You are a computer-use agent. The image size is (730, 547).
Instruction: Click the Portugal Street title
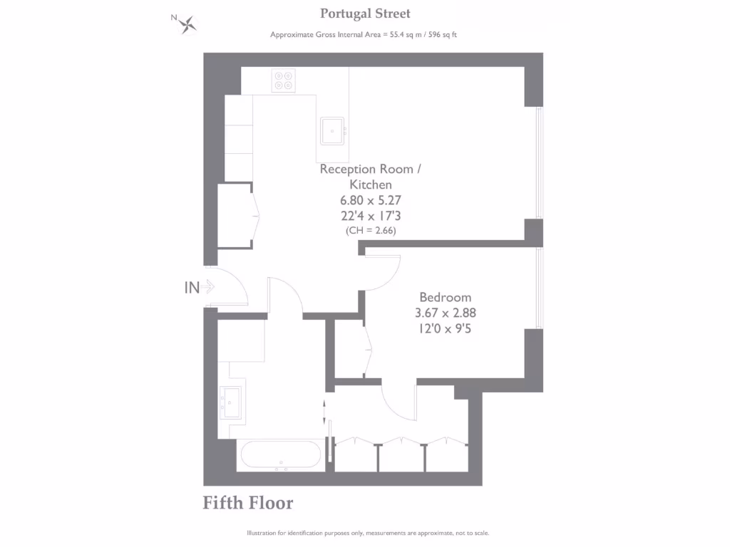[x=365, y=14]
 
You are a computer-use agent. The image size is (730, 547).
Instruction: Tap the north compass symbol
[x=187, y=24]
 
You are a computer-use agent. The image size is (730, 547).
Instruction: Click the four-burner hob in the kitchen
[x=283, y=80]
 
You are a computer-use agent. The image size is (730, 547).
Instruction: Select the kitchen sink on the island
[x=332, y=130]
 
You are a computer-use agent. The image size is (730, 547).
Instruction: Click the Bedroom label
[x=445, y=298]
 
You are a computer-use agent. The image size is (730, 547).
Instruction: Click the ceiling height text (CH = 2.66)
[x=370, y=230]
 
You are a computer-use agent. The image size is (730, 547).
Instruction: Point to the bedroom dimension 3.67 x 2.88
[x=445, y=313]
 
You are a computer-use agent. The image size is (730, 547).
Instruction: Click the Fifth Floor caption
[x=248, y=503]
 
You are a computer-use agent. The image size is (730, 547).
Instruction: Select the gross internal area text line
[x=368, y=35]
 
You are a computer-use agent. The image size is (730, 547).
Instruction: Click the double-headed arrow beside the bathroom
[x=325, y=411]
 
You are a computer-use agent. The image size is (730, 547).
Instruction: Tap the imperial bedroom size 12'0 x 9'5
[x=445, y=328]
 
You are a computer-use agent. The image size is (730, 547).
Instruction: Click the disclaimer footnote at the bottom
[x=368, y=533]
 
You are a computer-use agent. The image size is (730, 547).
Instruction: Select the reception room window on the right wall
[x=540, y=162]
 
